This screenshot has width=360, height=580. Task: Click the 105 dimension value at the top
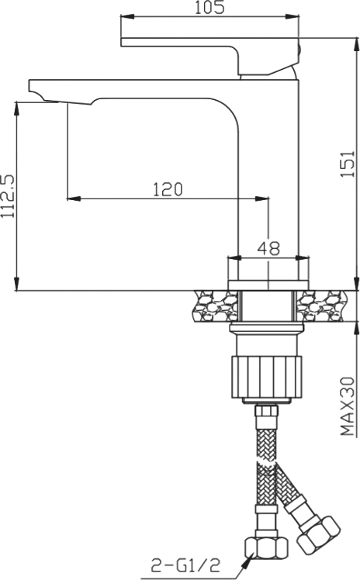pos(209,9)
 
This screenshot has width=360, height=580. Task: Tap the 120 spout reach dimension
pos(167,189)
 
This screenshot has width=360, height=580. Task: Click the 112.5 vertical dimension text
pos(9,195)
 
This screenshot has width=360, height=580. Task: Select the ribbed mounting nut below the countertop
pos(264,369)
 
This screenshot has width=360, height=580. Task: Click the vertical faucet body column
pos(268,171)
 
